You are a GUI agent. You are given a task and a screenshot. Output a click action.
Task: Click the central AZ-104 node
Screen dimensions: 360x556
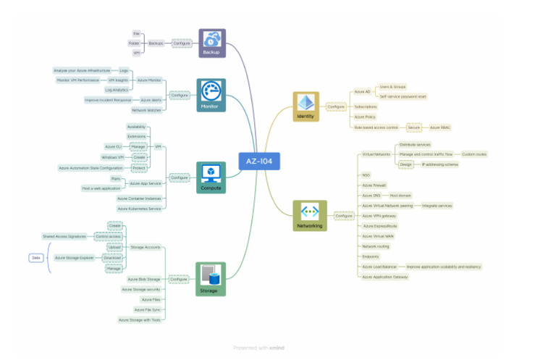259,160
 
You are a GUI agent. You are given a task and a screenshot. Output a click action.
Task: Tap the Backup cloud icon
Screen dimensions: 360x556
212,40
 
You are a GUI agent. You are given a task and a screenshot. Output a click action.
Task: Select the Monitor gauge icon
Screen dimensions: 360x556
211,91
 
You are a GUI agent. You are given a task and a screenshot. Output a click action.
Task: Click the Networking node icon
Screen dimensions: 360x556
310,212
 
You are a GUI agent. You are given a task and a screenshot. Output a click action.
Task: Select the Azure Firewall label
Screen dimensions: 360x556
374,185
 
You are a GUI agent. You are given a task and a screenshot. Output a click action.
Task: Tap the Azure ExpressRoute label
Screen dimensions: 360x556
379,226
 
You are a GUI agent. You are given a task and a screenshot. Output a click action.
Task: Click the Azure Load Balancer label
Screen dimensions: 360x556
380,267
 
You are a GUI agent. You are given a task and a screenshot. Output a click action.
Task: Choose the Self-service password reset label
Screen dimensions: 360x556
403,96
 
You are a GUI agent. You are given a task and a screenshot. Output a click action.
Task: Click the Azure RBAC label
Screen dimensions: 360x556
440,127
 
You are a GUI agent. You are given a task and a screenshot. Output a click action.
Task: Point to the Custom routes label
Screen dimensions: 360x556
475,154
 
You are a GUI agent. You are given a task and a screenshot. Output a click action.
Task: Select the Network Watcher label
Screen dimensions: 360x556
147,110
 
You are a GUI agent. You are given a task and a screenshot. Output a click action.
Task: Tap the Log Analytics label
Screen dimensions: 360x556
117,90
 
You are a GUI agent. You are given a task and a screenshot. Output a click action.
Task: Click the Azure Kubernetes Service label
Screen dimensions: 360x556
140,209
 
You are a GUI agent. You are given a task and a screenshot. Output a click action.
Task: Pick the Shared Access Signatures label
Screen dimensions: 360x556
64,236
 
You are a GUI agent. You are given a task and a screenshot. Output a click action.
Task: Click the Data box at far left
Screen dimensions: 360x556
35,257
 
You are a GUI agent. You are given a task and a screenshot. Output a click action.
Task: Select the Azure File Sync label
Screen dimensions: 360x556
148,309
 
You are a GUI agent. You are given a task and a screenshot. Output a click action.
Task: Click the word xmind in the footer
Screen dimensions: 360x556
277,348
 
